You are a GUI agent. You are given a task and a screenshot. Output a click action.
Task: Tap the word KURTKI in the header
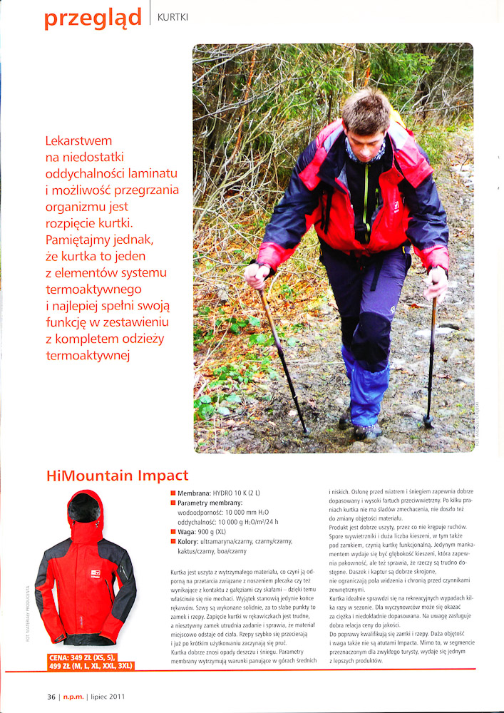click(x=173, y=16)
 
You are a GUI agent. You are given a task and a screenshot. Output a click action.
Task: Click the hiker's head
click(x=365, y=116)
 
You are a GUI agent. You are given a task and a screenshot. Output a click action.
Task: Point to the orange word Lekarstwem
click(x=78, y=140)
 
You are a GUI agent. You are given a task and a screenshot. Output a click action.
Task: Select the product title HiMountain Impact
click(x=117, y=476)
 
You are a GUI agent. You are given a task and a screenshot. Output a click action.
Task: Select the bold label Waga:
click(x=189, y=531)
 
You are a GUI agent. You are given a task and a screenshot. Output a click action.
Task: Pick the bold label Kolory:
click(x=193, y=541)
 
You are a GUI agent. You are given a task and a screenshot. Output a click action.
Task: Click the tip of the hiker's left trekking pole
click(x=307, y=432)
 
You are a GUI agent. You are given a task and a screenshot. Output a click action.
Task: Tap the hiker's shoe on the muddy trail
click(x=366, y=432)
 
